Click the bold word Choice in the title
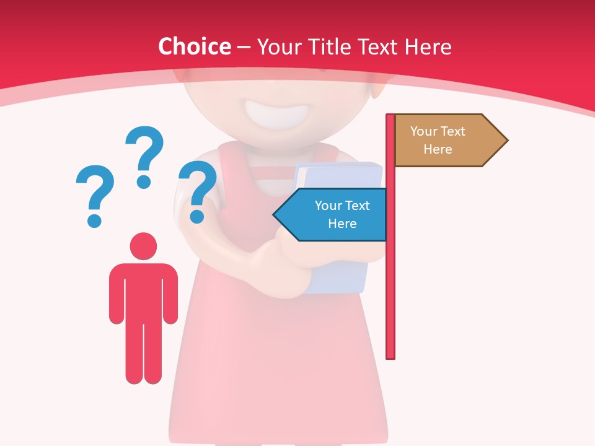pyautogui.click(x=194, y=46)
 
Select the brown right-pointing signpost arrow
pyautogui.click(x=446, y=140)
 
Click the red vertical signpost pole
pyautogui.click(x=390, y=279)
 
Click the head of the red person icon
pyautogui.click(x=143, y=246)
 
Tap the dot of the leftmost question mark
pyautogui.click(x=94, y=220)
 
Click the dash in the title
pyautogui.click(x=244, y=47)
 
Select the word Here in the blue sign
pyautogui.click(x=342, y=224)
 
